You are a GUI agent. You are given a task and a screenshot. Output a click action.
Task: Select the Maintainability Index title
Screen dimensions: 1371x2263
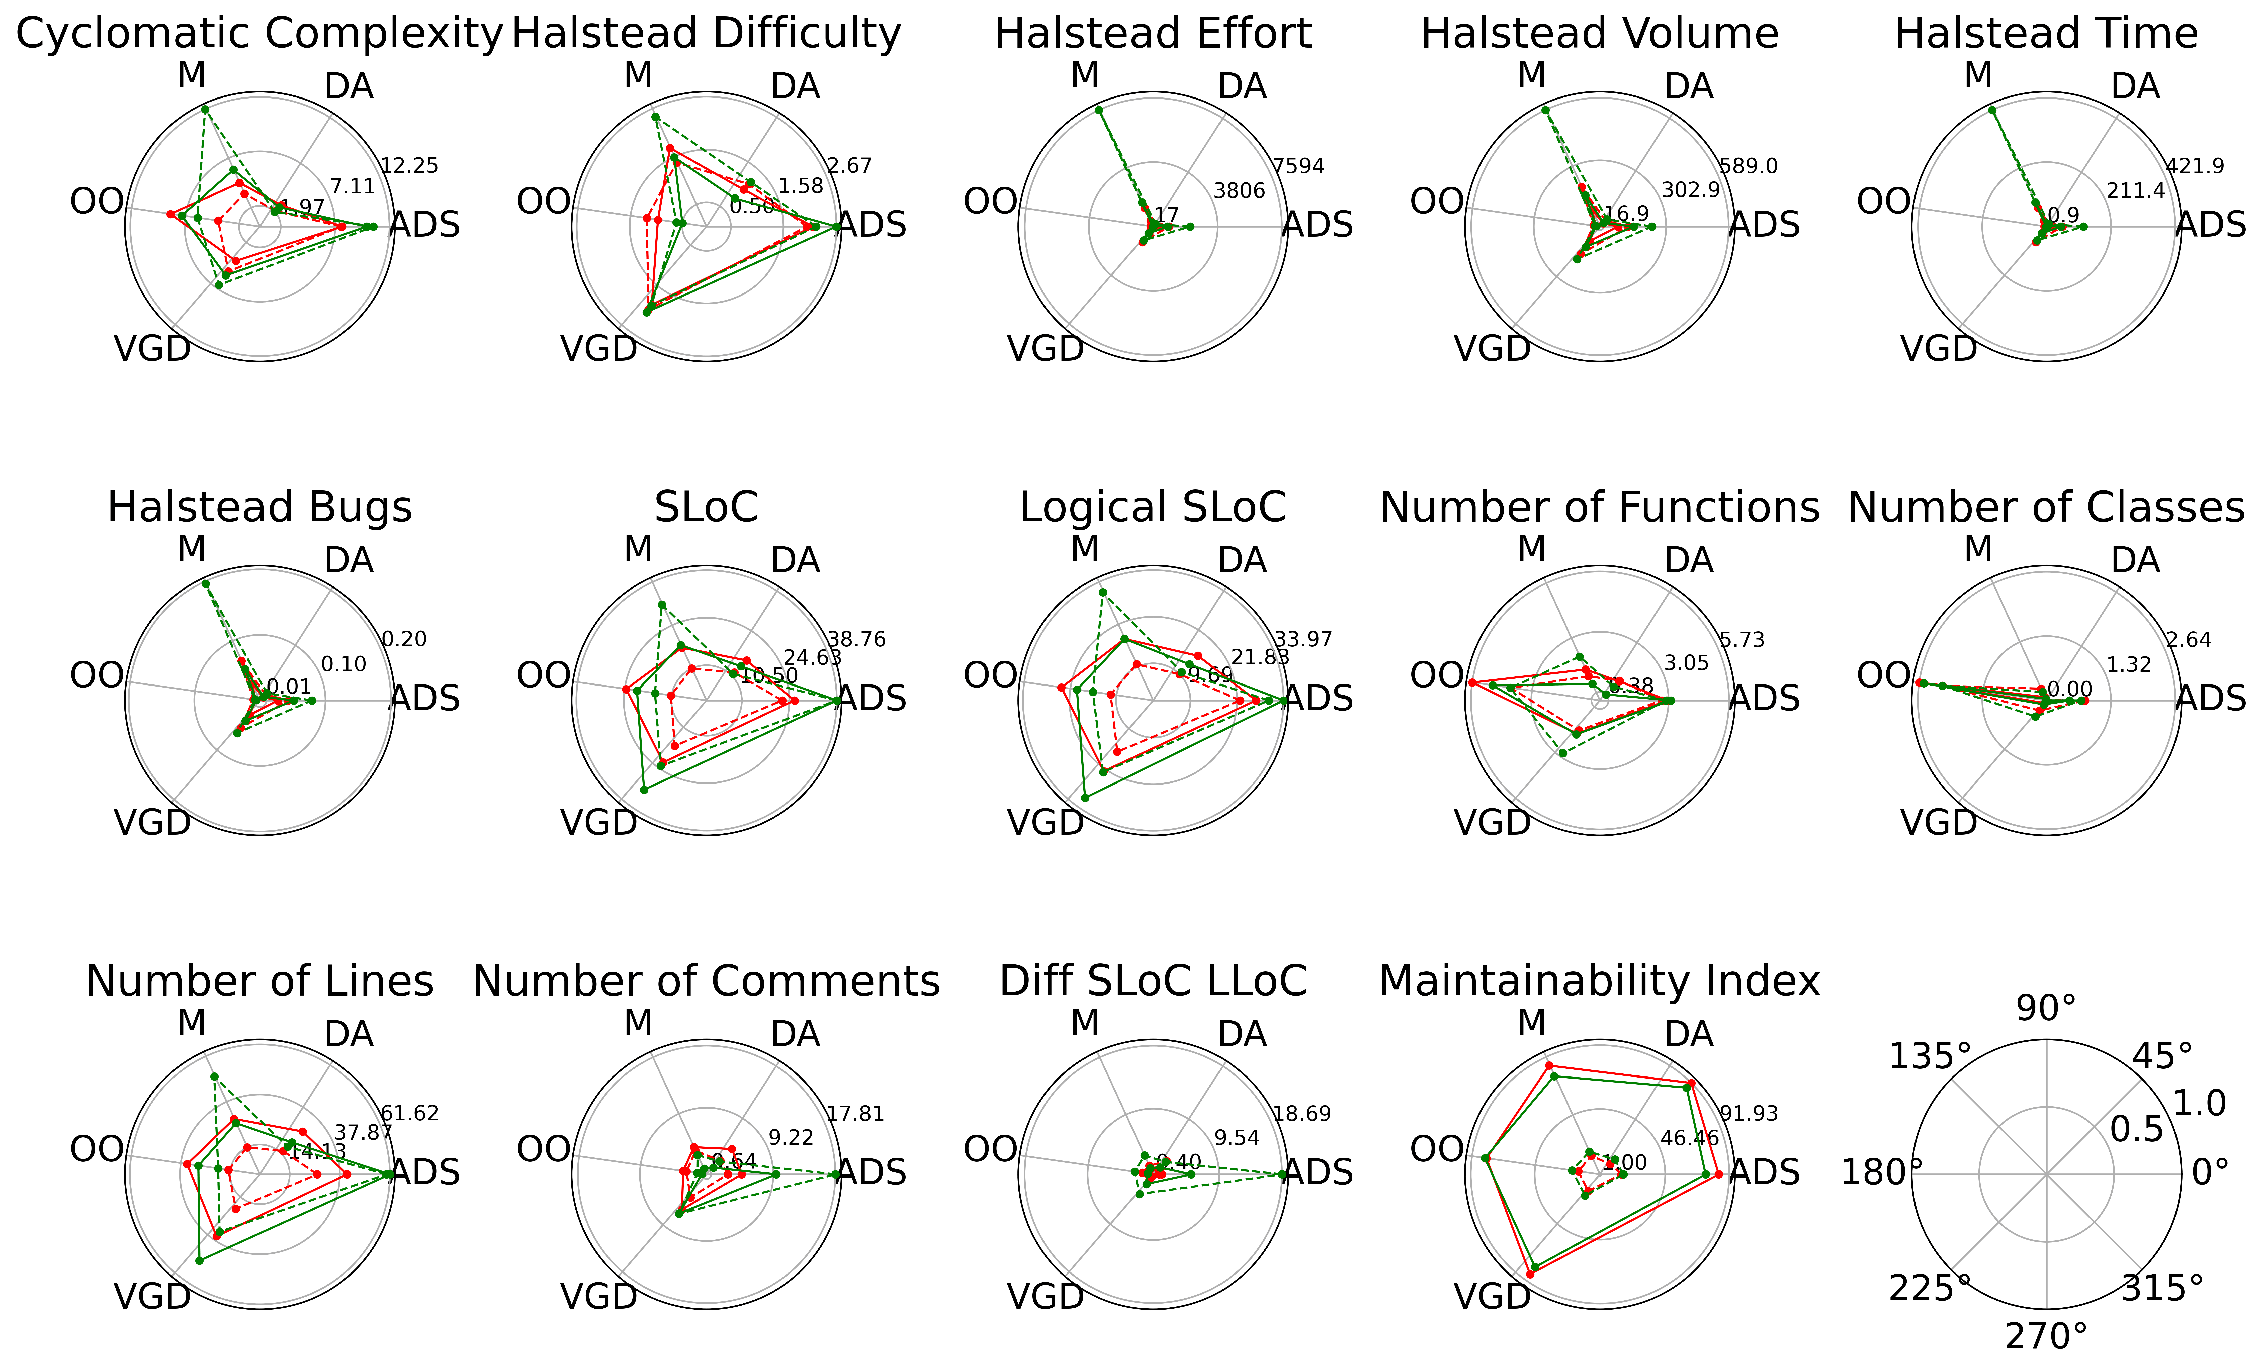(x=1599, y=982)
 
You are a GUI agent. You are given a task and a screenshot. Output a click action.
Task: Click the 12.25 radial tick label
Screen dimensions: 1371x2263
(x=410, y=166)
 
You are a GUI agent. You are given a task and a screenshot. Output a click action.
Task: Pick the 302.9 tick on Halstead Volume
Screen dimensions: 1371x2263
(x=1690, y=190)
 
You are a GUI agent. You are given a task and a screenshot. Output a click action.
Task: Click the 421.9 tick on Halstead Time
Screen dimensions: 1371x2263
(x=2195, y=166)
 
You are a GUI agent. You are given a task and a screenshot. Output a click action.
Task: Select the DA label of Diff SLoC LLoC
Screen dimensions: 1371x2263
(x=1242, y=1035)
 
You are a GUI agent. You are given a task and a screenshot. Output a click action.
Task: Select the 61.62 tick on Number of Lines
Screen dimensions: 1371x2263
(x=410, y=1114)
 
